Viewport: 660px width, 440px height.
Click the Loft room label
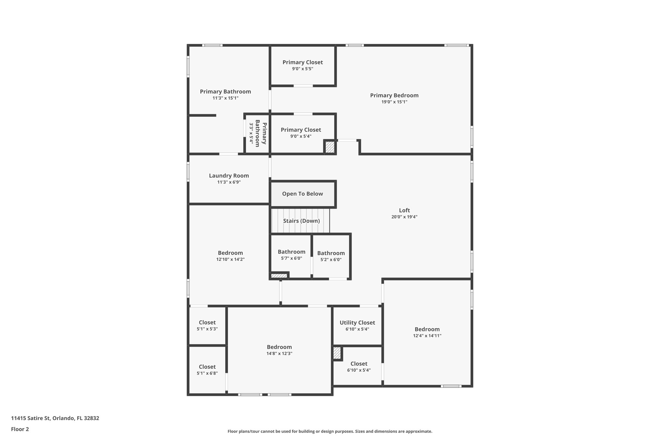pos(404,210)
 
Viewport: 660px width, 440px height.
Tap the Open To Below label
pos(302,194)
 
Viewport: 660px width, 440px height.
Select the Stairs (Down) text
pos(301,221)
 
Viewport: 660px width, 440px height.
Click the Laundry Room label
pos(229,176)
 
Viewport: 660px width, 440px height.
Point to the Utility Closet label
pos(357,323)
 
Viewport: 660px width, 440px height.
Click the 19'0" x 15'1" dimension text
pos(394,102)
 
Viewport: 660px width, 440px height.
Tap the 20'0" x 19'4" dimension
pos(404,217)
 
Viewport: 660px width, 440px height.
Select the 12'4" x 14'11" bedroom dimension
pos(427,336)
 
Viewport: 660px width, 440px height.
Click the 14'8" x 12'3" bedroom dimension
pos(279,353)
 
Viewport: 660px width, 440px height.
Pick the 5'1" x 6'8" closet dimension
pos(207,373)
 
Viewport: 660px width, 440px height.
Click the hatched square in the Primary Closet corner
pos(330,147)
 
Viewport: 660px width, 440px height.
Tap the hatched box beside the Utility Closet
pos(337,353)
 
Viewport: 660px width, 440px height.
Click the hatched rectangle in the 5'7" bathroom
pos(279,276)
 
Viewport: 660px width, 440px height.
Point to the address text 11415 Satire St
pos(55,418)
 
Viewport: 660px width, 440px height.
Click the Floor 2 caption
pos(20,429)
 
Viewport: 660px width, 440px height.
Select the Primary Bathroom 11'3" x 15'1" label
pos(225,92)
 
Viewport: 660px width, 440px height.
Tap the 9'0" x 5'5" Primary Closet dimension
pos(303,69)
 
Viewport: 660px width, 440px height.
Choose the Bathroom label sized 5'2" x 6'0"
pos(331,253)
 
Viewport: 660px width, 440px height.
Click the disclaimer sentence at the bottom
pos(330,431)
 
